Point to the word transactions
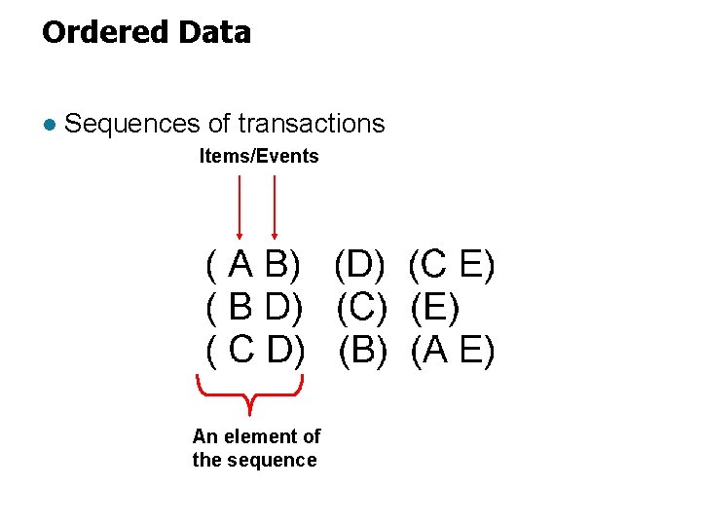tap(312, 124)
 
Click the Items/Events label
tap(259, 156)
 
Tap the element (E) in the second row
tap(434, 308)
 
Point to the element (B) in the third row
tap(362, 350)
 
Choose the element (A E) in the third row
tap(453, 350)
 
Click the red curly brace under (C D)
tap(251, 394)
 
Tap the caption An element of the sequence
tap(256, 448)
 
